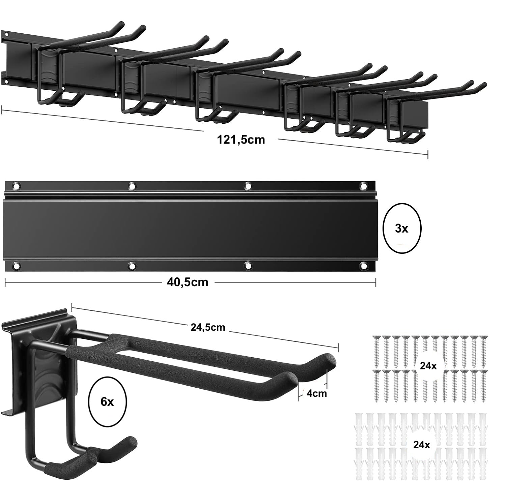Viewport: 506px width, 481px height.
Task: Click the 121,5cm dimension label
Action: tap(241, 140)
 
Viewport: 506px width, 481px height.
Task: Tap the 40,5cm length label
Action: tap(188, 282)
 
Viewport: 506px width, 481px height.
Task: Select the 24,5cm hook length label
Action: tap(208, 327)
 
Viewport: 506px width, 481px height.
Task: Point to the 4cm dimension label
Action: tap(316, 393)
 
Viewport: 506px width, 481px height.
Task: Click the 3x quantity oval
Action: tap(402, 228)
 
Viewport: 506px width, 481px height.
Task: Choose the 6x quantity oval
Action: tap(107, 402)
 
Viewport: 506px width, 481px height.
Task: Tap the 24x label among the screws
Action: tap(428, 365)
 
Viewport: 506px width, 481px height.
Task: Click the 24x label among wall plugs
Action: tap(422, 445)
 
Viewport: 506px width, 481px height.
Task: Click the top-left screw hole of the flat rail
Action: tap(17, 186)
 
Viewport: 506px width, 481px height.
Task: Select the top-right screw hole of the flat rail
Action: tap(364, 186)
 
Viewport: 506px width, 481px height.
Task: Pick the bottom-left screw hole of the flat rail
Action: tap(17, 266)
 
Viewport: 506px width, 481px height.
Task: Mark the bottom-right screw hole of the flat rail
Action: tap(364, 266)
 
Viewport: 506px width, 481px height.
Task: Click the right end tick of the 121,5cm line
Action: tap(428, 155)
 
